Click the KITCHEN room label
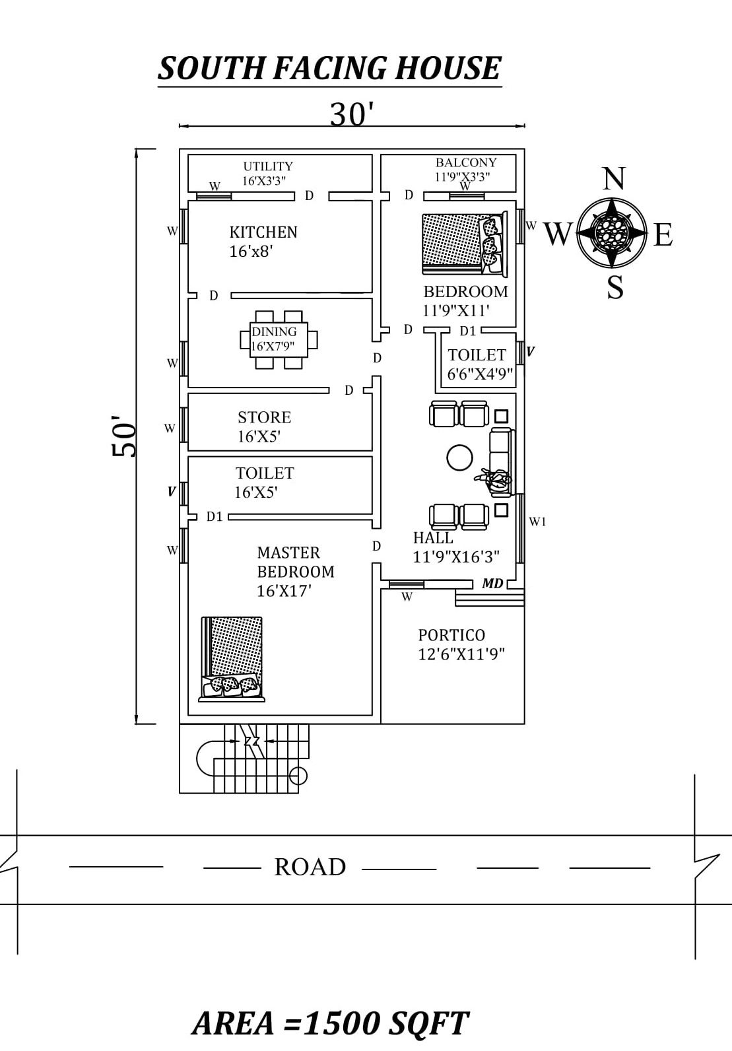point(263,232)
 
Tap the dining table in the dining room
point(278,339)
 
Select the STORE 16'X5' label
point(264,426)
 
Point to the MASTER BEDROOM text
point(295,562)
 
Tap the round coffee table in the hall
point(459,457)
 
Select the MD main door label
point(492,584)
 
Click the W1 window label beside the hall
point(538,522)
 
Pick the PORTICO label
point(451,635)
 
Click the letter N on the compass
point(614,178)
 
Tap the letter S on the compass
point(615,288)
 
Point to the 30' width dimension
point(352,114)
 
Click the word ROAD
point(310,867)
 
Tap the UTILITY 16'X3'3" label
point(267,174)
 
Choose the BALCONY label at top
point(466,162)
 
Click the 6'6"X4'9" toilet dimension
point(480,374)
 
